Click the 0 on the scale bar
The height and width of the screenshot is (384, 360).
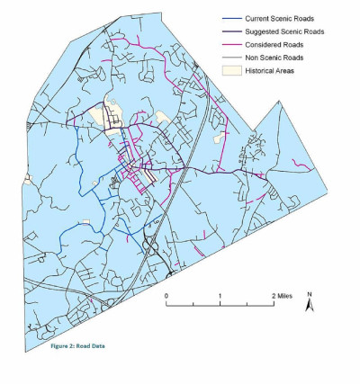coord(166,295)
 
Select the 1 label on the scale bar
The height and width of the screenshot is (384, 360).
coord(220,295)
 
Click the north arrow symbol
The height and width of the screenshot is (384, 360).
coord(309,307)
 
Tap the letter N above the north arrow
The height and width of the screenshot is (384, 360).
coord(309,294)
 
